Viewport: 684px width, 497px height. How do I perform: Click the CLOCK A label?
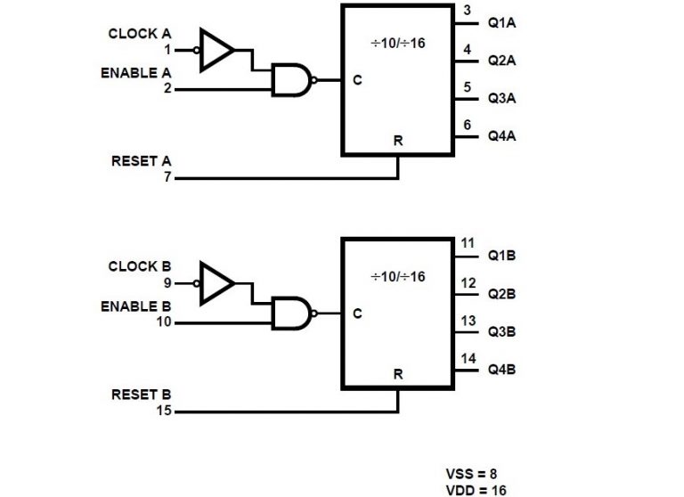coord(139,34)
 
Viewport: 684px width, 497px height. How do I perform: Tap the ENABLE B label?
coord(135,306)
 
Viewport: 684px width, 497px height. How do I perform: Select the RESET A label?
coord(141,161)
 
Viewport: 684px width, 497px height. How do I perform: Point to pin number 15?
coord(165,411)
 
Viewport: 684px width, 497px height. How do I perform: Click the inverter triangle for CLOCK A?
coord(216,50)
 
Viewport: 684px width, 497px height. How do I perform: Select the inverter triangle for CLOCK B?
coord(216,283)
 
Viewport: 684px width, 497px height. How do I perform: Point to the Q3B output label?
coord(501,331)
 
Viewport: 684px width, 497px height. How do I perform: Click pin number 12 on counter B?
coord(468,283)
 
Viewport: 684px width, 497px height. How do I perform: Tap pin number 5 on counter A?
coord(468,87)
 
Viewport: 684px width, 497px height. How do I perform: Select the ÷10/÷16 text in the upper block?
coord(398,43)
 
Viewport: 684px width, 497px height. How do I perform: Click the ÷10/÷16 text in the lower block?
coord(398,276)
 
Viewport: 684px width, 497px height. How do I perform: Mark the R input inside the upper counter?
coord(397,141)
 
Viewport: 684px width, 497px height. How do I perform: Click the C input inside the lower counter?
coord(357,314)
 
